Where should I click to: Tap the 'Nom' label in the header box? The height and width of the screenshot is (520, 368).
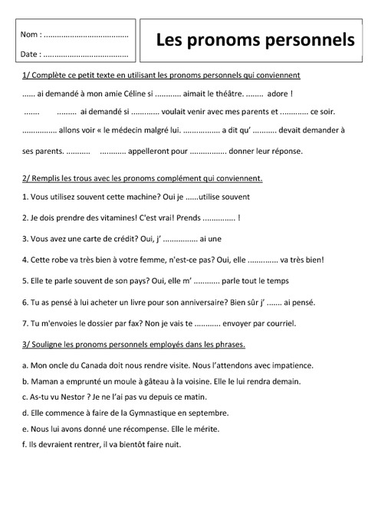(x=30, y=35)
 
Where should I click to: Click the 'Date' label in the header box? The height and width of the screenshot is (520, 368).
(x=30, y=54)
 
